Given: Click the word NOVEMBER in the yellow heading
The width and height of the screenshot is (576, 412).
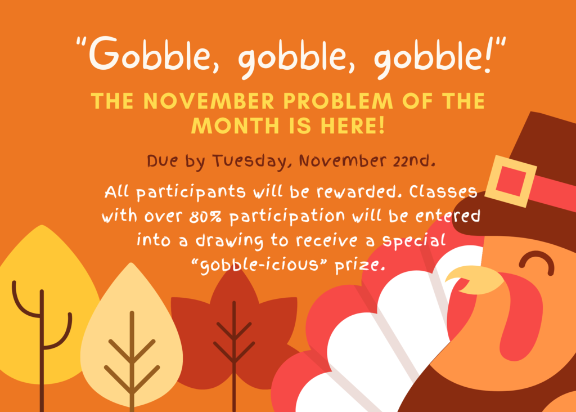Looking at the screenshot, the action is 209,101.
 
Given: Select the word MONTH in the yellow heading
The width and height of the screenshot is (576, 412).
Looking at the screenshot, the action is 236,126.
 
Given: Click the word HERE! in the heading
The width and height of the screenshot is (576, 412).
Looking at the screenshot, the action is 353,126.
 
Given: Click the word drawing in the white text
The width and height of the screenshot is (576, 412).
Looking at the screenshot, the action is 229,241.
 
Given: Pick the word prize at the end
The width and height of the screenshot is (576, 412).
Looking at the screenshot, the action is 360,265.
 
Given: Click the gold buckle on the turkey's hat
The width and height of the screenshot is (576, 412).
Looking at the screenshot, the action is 511,181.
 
